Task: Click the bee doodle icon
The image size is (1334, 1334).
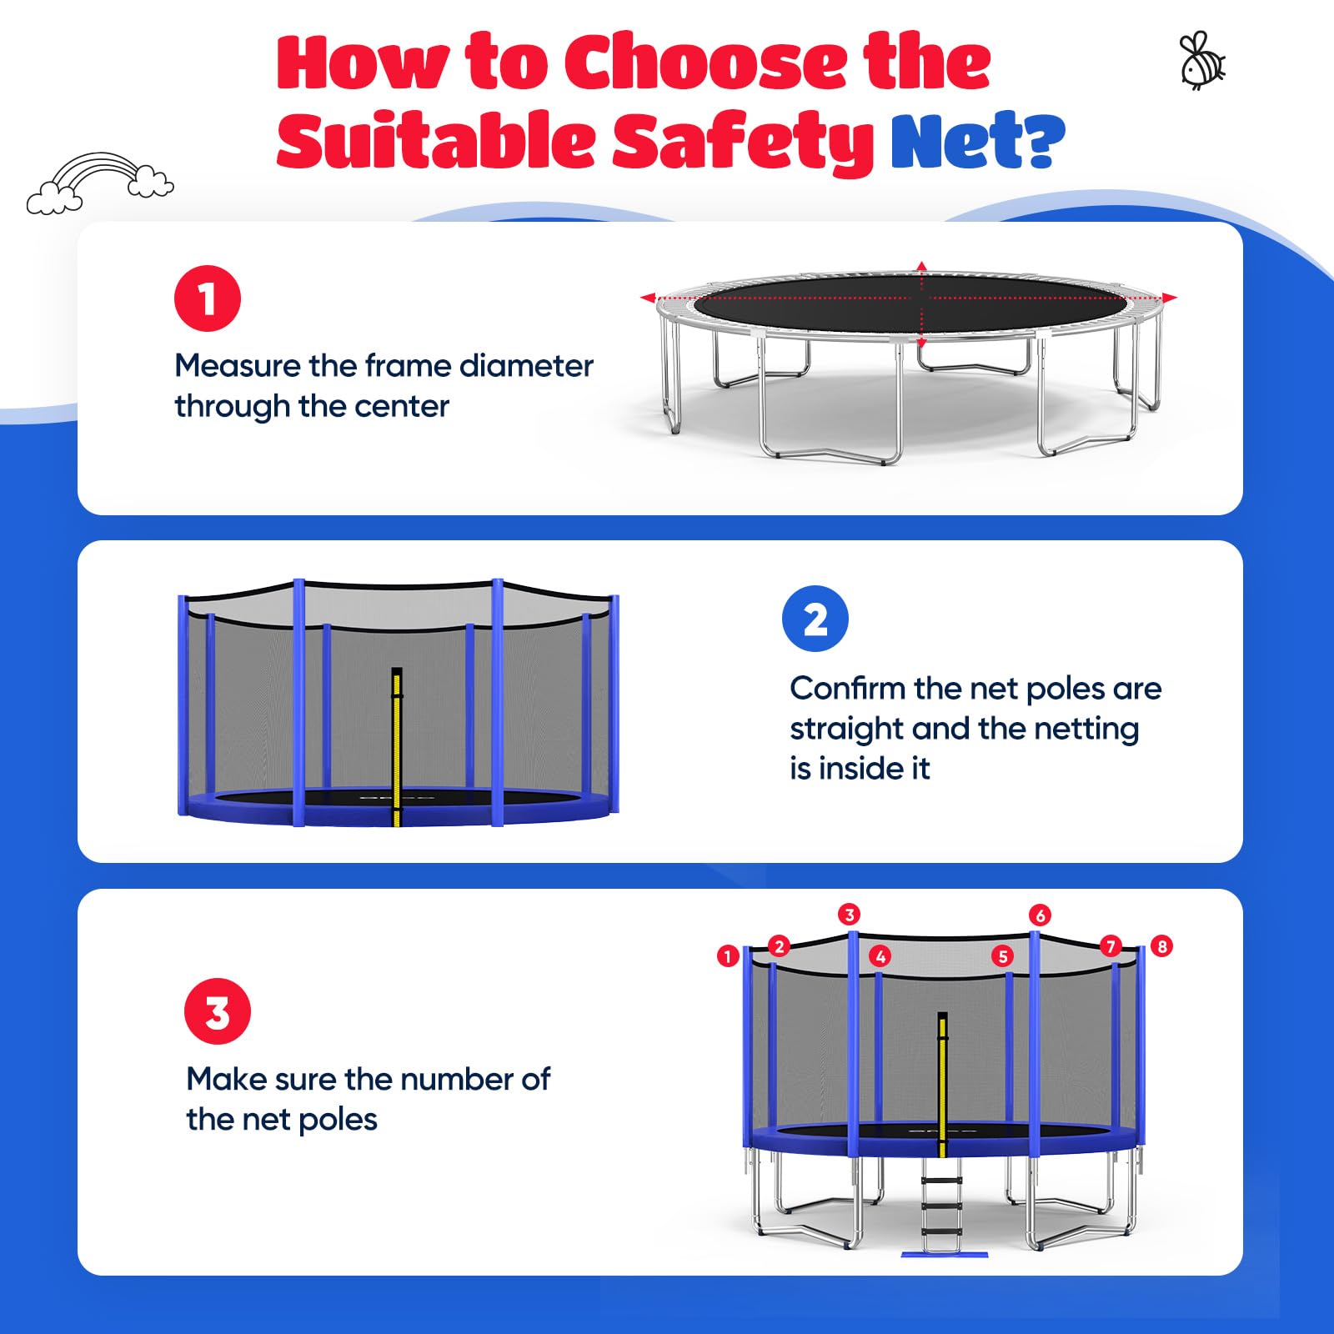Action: point(1201,61)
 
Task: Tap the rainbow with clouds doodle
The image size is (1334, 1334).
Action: point(100,183)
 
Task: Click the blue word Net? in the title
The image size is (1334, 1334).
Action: point(977,141)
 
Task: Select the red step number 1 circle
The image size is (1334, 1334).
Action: point(208,298)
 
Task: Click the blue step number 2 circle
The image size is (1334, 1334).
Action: point(815,619)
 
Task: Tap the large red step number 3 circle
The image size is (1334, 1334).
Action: point(217,1011)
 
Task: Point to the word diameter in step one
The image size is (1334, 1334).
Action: point(526,366)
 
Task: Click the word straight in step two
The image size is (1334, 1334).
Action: point(846,730)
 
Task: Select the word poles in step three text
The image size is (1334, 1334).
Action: point(338,1120)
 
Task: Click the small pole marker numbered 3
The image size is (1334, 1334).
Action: point(849,915)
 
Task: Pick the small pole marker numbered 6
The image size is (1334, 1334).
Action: point(1039,915)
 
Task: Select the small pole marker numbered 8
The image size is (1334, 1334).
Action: point(1161,946)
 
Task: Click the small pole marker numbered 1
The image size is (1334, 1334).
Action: point(727,955)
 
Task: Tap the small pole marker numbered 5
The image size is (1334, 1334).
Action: point(1003,956)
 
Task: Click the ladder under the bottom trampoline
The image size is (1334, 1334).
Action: point(942,1209)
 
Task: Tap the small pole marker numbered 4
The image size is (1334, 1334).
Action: point(880,956)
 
